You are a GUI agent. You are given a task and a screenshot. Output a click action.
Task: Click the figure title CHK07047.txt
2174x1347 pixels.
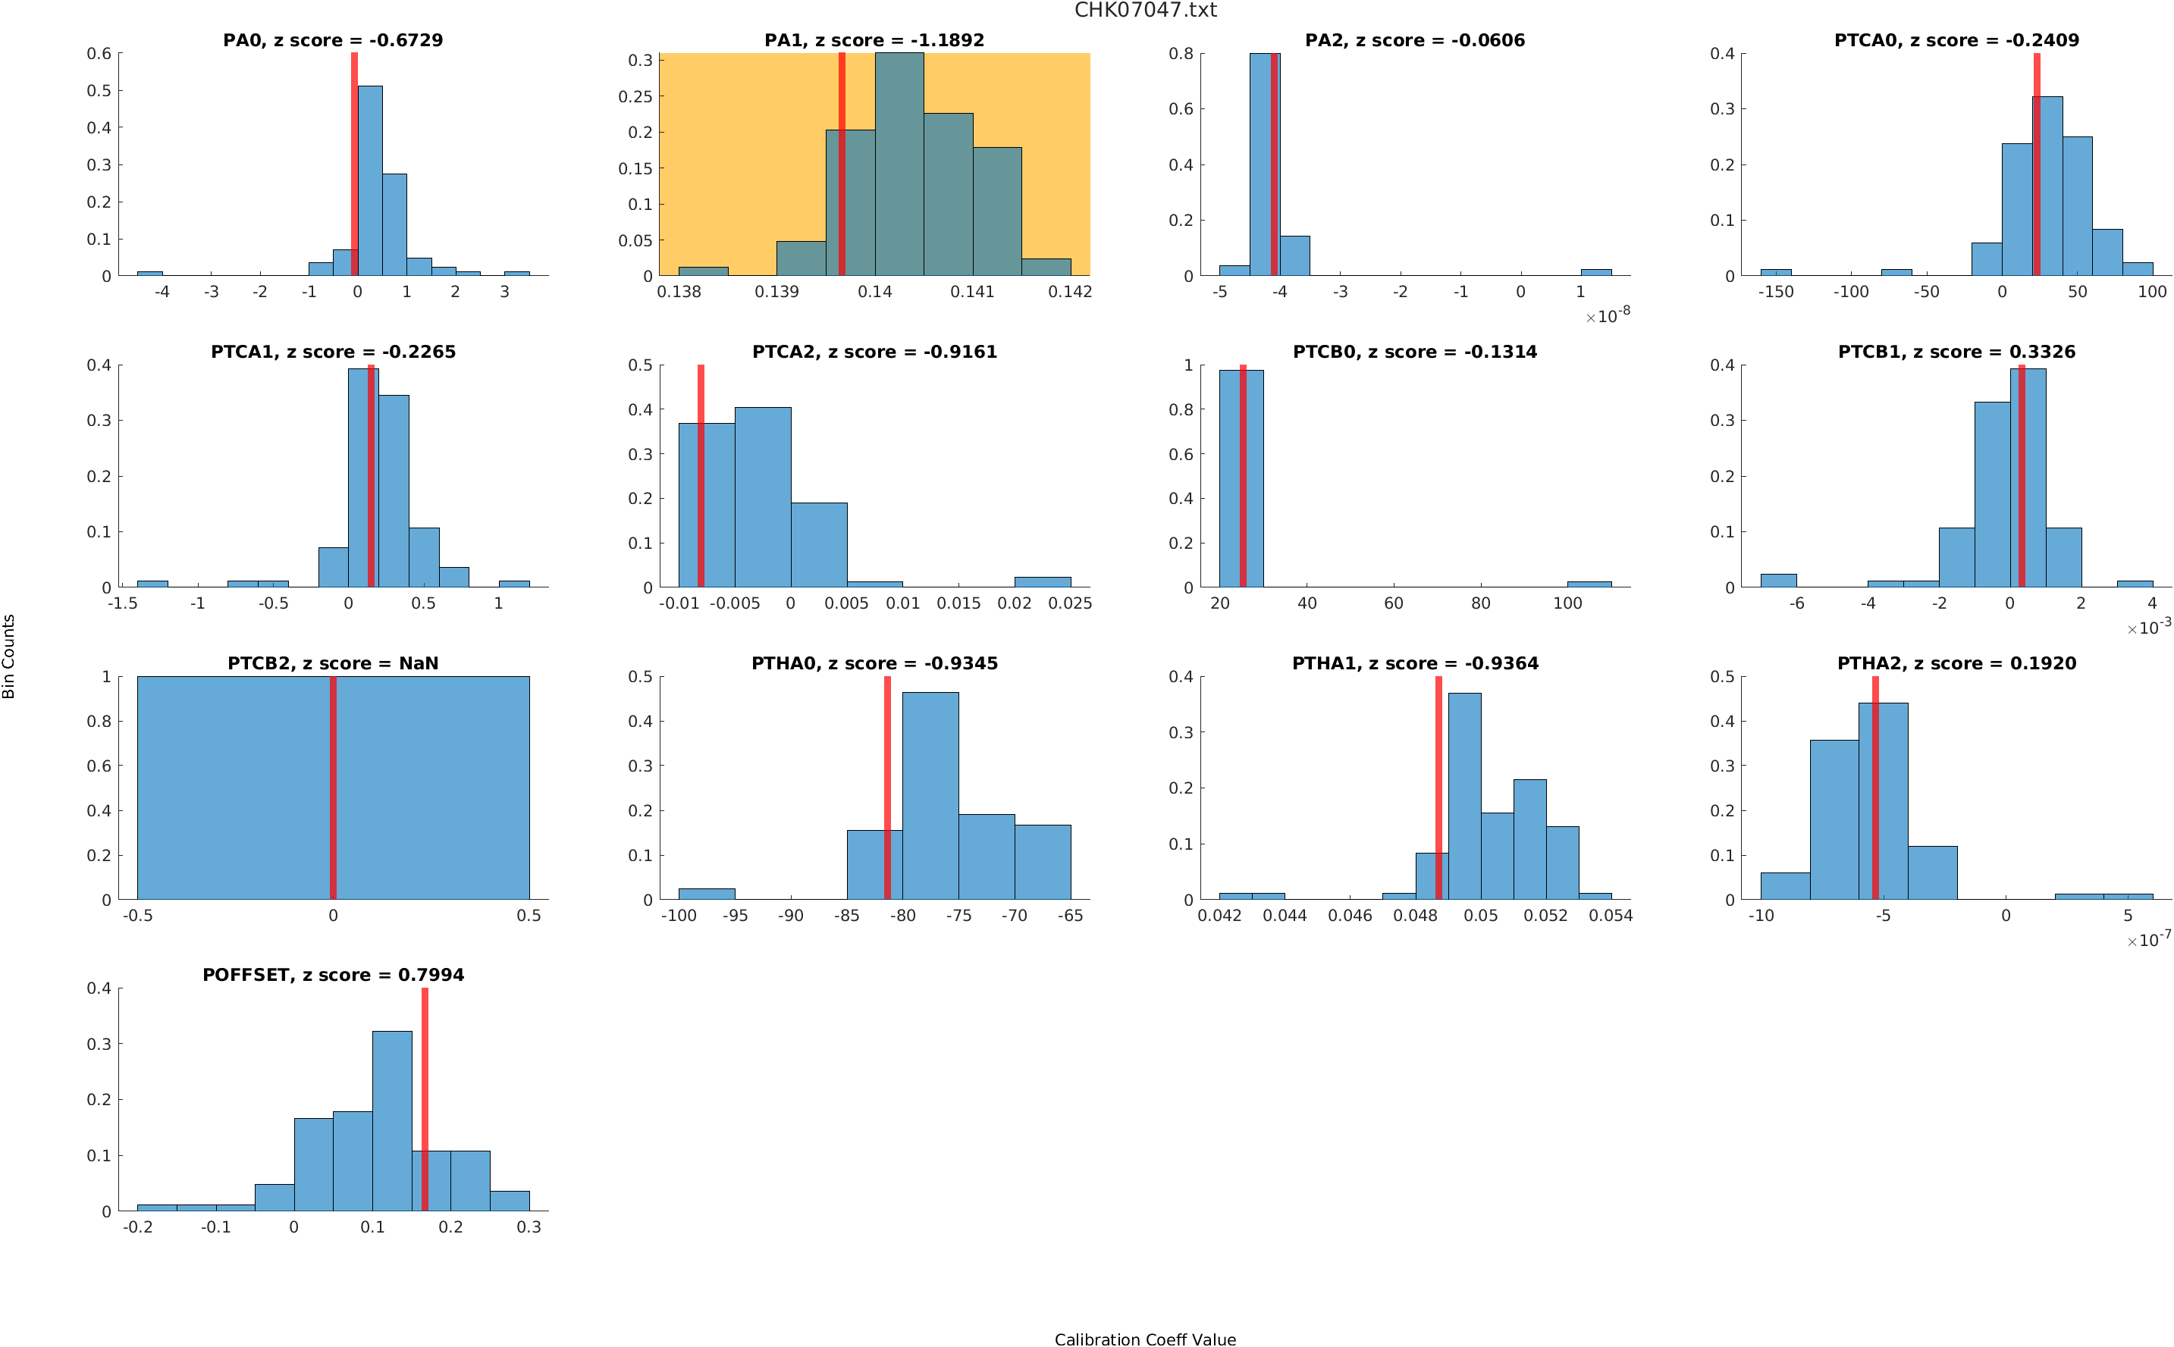(1145, 10)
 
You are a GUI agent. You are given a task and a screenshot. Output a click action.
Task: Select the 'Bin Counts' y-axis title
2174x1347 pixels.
(9, 656)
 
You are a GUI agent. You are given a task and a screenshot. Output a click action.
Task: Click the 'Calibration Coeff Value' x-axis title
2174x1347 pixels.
(1145, 1339)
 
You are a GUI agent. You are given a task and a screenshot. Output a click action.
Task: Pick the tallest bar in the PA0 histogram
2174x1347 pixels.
(370, 181)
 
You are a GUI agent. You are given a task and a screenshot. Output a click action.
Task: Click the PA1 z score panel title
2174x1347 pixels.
(874, 40)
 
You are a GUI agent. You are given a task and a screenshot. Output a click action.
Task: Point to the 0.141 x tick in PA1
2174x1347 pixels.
(972, 291)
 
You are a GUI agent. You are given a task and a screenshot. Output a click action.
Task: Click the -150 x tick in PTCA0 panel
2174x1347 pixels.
(1775, 291)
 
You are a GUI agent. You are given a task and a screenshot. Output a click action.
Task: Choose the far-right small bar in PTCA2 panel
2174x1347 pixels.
(1043, 581)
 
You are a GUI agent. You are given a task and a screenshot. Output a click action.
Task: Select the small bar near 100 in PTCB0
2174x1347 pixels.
(1589, 584)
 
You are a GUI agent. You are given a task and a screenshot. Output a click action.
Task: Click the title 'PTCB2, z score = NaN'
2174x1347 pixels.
(332, 664)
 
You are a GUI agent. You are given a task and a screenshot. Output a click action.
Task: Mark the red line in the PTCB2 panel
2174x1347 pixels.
(333, 788)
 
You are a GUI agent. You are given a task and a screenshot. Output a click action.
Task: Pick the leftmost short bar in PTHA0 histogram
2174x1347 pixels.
(707, 894)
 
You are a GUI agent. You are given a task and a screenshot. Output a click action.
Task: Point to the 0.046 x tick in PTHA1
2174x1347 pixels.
(1350, 915)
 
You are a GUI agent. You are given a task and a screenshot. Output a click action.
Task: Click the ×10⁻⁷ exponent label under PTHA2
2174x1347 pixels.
(2148, 940)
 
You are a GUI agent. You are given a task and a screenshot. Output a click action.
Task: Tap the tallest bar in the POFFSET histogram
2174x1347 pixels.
(392, 1120)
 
